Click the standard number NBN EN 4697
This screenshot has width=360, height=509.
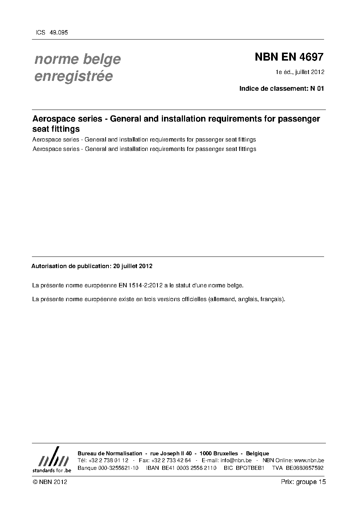pyautogui.click(x=289, y=57)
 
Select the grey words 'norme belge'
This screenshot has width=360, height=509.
pyautogui.click(x=77, y=59)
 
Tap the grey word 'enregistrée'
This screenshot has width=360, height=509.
pyautogui.click(x=73, y=76)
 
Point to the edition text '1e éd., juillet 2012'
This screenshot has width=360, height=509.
pyautogui.click(x=300, y=72)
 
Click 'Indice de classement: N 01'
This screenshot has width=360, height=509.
pyautogui.click(x=281, y=88)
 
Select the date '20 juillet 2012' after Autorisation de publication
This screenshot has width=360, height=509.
pyautogui.click(x=133, y=266)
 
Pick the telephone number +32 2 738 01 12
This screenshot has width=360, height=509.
pyautogui.click(x=108, y=460)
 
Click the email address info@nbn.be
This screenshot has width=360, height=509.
pyautogui.click(x=236, y=460)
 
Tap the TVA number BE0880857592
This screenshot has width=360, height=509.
pyautogui.click(x=304, y=468)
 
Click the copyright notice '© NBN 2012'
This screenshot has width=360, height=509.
pyautogui.click(x=50, y=482)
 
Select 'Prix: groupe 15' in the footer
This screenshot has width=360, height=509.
pyautogui.click(x=303, y=482)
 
